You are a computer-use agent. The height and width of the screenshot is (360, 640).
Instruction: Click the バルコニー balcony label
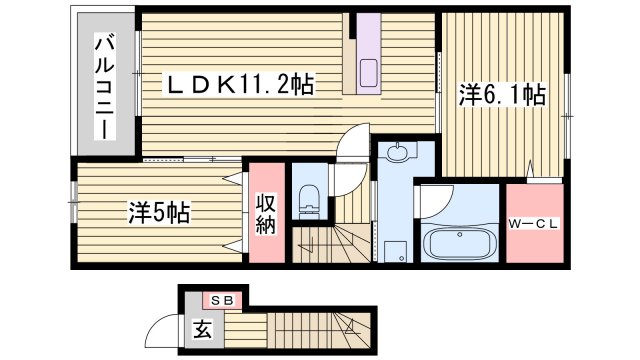[x=104, y=87]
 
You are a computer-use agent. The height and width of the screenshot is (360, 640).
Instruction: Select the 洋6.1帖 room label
[x=502, y=95]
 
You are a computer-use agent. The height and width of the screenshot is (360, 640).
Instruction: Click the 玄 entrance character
[x=202, y=326]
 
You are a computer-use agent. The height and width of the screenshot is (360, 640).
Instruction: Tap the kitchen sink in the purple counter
[x=367, y=73]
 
